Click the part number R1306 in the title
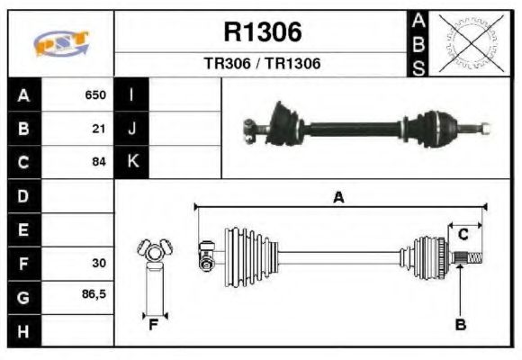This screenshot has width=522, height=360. coord(262,32)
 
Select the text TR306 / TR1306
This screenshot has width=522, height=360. coord(262,64)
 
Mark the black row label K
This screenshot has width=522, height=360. coord(132,162)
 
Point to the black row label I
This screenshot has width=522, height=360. coord(132,94)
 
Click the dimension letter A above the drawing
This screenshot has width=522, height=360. coord(338,198)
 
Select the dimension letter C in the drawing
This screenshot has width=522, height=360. coord(463,235)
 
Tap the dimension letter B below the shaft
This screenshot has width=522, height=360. coord(460,325)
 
